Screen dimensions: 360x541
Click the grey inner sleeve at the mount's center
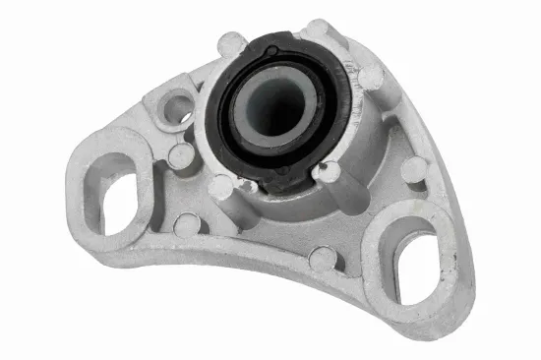coord(273,105)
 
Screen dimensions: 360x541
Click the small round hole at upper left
coord(177,107)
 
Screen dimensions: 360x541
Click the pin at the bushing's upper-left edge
coord(232,44)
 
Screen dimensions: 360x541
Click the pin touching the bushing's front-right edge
coord(329,171)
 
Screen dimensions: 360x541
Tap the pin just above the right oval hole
coord(413,169)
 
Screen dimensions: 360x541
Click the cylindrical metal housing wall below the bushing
coord(285,211)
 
